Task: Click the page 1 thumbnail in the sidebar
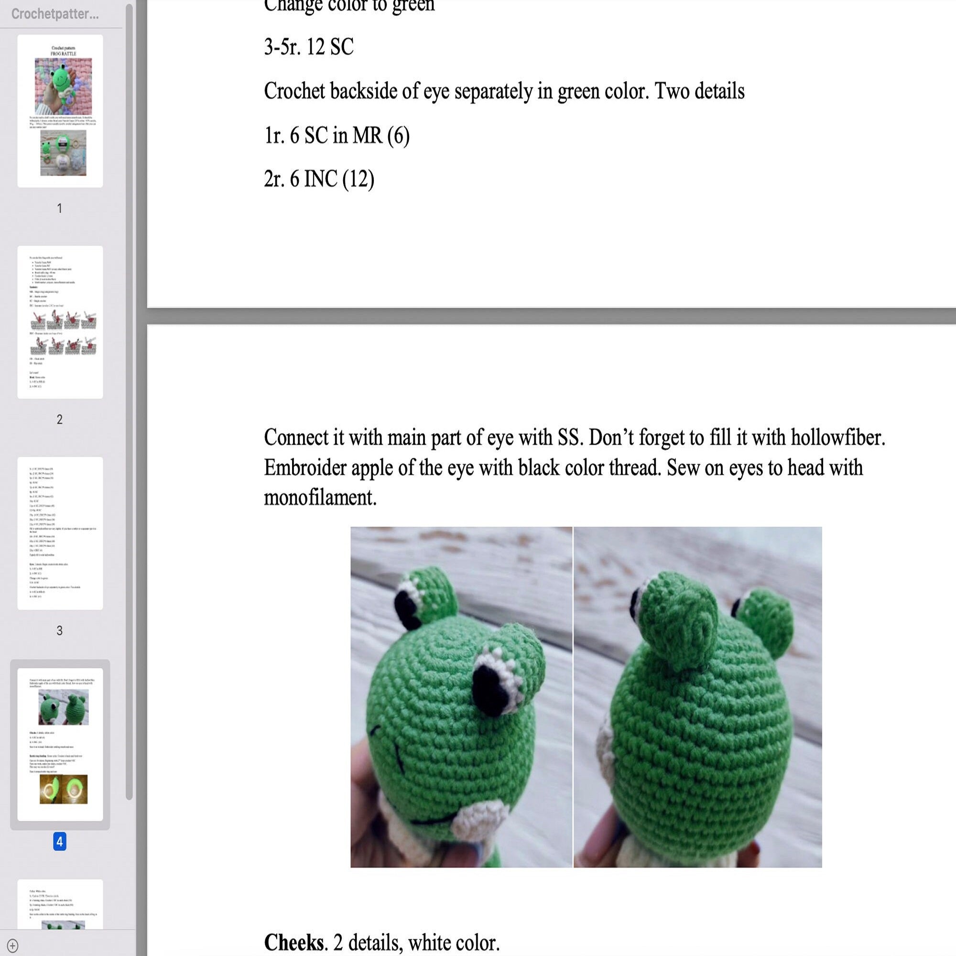pos(60,111)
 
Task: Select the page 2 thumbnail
pos(60,322)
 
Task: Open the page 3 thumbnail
pos(60,533)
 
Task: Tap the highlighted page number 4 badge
pos(59,841)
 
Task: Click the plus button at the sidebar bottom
pos(13,945)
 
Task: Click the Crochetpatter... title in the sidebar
pos(55,14)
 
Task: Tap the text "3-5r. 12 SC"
pos(309,47)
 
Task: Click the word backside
pos(364,91)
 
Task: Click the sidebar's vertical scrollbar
pos(129,396)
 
